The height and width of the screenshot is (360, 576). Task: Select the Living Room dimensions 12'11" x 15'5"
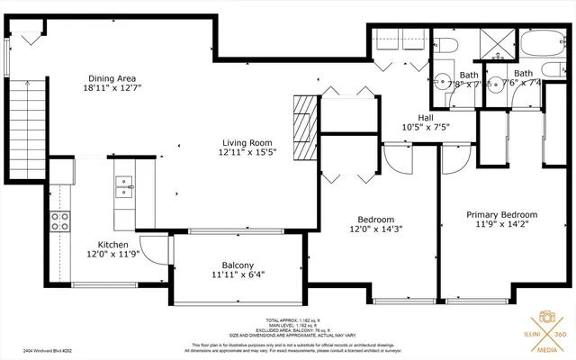click(247, 153)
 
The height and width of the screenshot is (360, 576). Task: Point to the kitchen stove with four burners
click(60, 221)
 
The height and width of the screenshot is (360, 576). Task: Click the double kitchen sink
click(123, 186)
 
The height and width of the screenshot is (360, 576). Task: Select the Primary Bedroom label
click(501, 215)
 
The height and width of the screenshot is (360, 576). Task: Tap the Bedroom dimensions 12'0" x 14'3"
click(375, 229)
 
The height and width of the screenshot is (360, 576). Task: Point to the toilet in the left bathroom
click(447, 47)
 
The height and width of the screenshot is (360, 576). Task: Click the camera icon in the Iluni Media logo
click(546, 319)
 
